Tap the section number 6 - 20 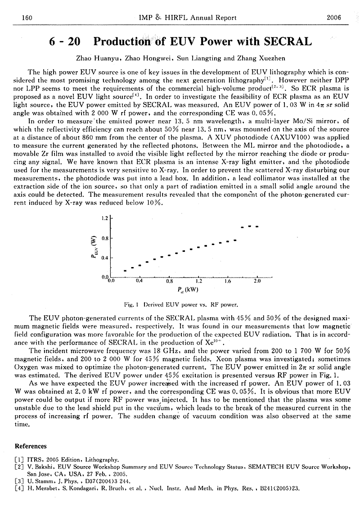[65, 42]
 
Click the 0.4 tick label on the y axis [105, 258]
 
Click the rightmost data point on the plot [257, 226]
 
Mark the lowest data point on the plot [125, 271]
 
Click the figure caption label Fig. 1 [130, 304]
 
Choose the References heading [31, 446]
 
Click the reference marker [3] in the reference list [19, 481]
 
